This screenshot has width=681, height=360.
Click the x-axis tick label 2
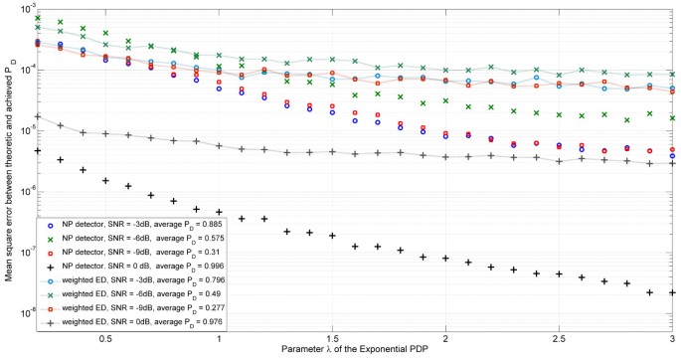tap(446, 339)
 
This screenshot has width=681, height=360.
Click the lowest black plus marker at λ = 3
tap(673, 293)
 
